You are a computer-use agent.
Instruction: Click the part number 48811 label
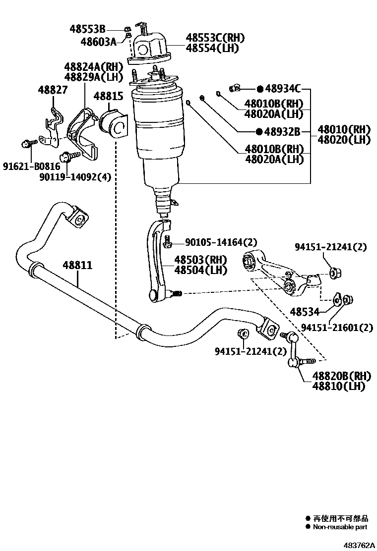[x=77, y=265]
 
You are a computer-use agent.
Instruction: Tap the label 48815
[x=108, y=97]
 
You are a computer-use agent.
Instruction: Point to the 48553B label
[x=87, y=29]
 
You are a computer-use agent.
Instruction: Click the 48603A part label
[x=98, y=41]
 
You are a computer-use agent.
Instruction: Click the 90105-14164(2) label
[x=221, y=242]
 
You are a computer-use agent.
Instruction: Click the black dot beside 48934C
[x=259, y=89]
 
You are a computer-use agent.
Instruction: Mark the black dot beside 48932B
[x=259, y=132]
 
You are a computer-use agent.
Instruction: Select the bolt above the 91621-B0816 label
[x=27, y=144]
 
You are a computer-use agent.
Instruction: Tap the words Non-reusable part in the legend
[x=340, y=527]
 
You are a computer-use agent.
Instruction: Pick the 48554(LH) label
[x=212, y=48]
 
